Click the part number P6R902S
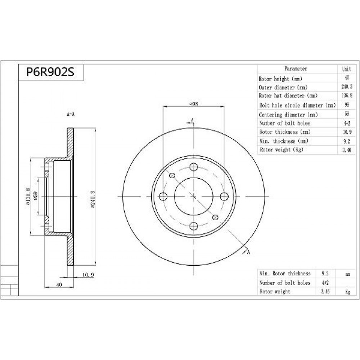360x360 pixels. pos(50,72)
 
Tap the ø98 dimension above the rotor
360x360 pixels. pos(194,104)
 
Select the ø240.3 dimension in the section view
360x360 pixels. pos(93,199)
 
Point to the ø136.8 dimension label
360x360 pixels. pos(28,196)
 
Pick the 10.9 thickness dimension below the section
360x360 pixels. pos(88,275)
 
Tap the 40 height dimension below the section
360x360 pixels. pos(59,285)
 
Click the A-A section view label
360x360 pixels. pos(71,114)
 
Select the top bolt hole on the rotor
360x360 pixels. pos(194,167)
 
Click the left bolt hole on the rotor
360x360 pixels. pos(163,197)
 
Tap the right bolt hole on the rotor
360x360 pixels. pos(224,197)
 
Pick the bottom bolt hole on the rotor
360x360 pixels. pos(194,226)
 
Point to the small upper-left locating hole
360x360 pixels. pos(172,176)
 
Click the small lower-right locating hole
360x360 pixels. pos(215,217)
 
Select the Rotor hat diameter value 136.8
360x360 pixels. pos(347,95)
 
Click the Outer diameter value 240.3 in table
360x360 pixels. pos(347,86)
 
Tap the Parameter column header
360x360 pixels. pos(296,68)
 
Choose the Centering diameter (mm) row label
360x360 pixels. pos(288,114)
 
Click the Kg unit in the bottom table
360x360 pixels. pos(348,292)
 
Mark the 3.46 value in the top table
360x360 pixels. pos(347,150)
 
